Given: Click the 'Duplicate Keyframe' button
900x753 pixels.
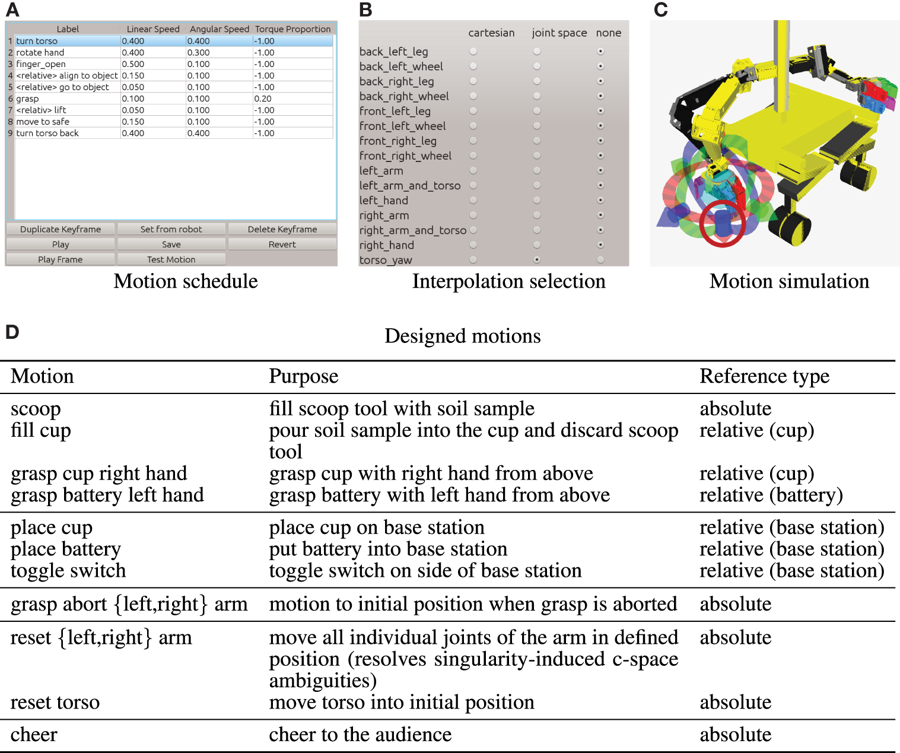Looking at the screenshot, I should click(x=61, y=229).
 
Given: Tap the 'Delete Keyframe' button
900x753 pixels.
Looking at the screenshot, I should click(x=282, y=229).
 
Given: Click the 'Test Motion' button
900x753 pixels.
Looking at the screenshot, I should click(x=171, y=259).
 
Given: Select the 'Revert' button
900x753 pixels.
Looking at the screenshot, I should click(x=282, y=244).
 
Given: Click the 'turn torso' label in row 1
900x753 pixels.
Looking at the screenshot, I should click(x=37, y=41).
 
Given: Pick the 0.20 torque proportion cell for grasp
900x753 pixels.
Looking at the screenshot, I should click(x=263, y=99).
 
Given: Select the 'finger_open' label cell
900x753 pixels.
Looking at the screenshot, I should click(x=41, y=64).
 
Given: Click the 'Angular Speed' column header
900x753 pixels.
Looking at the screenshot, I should click(x=220, y=29).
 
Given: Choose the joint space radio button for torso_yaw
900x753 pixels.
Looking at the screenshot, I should click(x=537, y=259).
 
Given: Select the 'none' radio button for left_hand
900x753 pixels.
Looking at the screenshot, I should click(x=600, y=200).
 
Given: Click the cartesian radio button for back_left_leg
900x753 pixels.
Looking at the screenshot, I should click(x=473, y=52).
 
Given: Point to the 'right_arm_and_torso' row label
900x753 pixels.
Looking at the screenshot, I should click(x=413, y=230).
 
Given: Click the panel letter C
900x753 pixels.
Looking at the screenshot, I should click(x=661, y=9).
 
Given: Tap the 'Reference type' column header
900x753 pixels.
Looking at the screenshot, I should click(x=764, y=376).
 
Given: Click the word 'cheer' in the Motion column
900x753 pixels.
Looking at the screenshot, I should click(x=34, y=735).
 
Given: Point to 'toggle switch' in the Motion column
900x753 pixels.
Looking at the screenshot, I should click(x=68, y=571).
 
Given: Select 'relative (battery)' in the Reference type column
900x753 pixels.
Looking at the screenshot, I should click(x=771, y=495).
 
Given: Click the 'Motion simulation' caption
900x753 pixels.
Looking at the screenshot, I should click(x=789, y=281).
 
